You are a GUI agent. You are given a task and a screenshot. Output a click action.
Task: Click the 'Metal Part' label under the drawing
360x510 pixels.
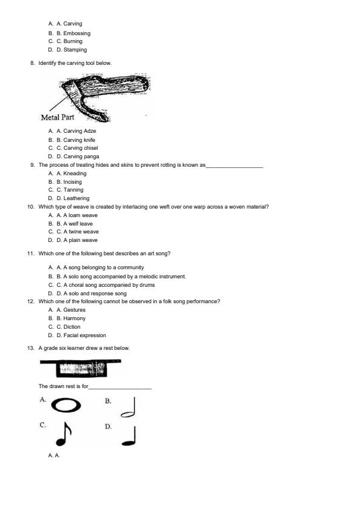(57, 117)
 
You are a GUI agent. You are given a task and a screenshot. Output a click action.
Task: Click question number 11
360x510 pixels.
(31, 253)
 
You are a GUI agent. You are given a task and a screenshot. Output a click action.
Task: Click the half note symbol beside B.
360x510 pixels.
(128, 407)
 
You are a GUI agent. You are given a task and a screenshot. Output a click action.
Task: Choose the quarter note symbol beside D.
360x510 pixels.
(129, 435)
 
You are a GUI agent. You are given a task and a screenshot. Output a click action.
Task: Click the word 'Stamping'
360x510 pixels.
(75, 50)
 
